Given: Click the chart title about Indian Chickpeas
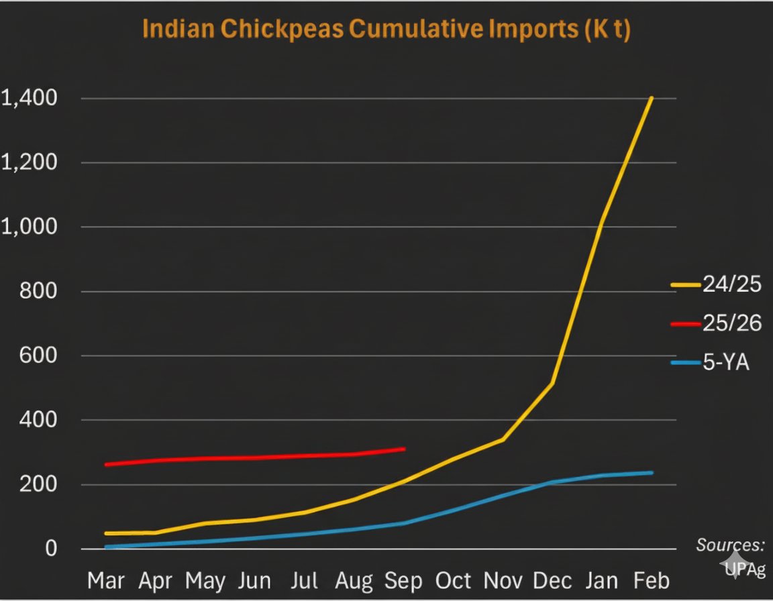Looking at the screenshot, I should (x=386, y=30).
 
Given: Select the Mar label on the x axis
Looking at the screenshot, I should (x=106, y=580).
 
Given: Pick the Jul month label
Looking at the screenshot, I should (x=305, y=580).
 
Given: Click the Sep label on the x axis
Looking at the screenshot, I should (x=404, y=580).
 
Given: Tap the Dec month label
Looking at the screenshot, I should (x=553, y=580).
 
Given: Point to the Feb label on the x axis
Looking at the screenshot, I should (x=651, y=580).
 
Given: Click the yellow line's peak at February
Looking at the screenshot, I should (x=651, y=98).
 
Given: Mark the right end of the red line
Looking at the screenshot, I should (x=404, y=449).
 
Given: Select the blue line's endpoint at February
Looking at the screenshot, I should (x=652, y=473).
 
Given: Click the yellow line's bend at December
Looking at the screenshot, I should (x=552, y=384).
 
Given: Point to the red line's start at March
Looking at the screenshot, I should (x=107, y=464).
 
